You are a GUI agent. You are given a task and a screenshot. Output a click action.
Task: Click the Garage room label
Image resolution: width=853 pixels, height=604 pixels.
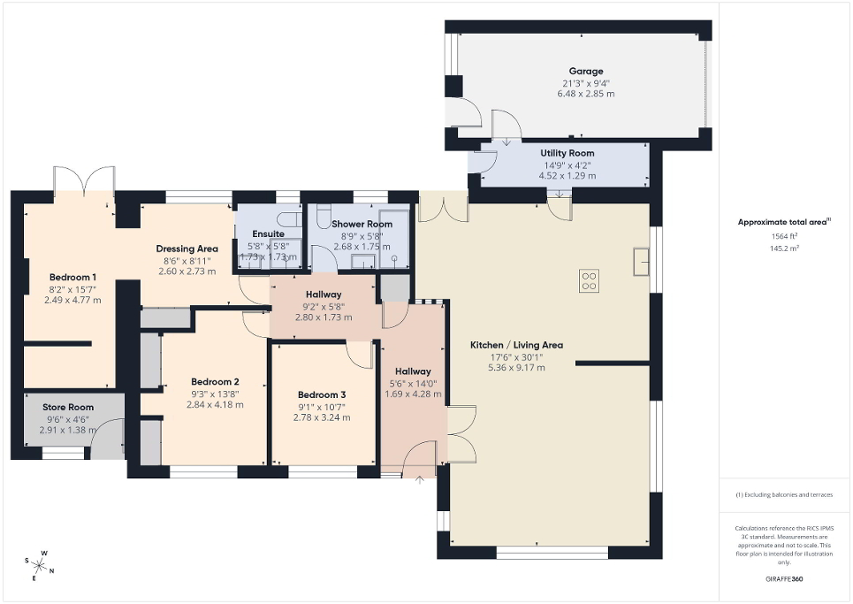click(585, 71)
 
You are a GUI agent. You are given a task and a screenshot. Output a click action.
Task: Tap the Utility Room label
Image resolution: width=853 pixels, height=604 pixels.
click(567, 153)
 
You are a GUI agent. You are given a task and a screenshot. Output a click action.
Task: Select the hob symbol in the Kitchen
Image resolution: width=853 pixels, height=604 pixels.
click(589, 281)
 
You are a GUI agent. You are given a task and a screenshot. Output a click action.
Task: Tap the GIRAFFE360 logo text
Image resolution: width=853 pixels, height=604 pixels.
click(785, 579)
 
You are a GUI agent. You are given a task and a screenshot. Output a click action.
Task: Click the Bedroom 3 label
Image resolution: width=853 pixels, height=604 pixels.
click(322, 394)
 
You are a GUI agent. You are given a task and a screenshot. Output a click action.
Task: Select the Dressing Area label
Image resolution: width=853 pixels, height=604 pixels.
click(187, 248)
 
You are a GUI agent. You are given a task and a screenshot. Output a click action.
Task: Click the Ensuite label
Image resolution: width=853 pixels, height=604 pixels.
click(266, 233)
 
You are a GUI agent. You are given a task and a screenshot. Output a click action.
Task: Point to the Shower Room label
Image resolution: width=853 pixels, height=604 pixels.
click(362, 225)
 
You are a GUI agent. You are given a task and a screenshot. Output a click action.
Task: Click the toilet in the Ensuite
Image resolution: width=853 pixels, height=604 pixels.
click(288, 219)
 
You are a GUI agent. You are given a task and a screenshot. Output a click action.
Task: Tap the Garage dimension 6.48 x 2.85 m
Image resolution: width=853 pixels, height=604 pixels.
click(585, 94)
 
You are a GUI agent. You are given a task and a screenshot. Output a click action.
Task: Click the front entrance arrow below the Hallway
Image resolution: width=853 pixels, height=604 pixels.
click(419, 480)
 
